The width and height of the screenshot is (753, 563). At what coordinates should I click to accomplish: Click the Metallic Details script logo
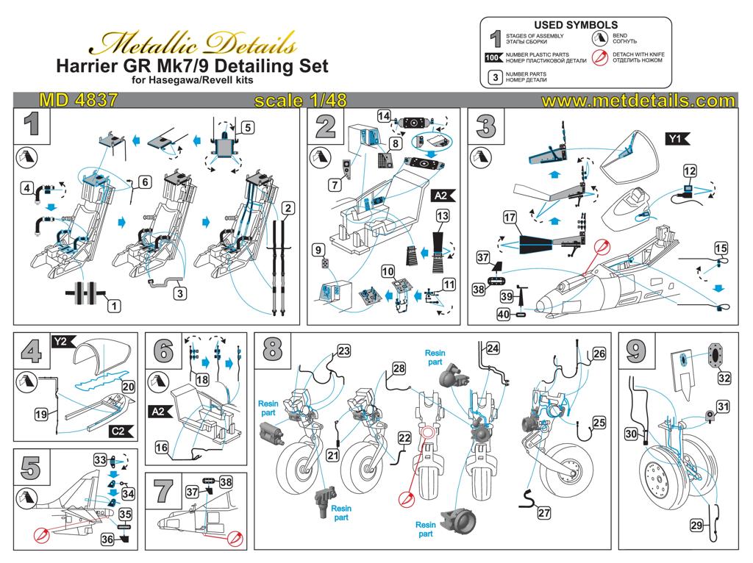(x=192, y=43)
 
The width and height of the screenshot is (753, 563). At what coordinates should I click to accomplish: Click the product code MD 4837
(x=78, y=100)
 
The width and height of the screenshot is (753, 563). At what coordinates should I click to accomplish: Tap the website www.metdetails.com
(x=638, y=101)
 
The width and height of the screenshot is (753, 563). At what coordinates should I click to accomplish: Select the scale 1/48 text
(x=300, y=100)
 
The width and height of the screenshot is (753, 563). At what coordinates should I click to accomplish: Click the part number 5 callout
(x=247, y=128)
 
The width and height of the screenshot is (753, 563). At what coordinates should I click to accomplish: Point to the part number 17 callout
(x=510, y=218)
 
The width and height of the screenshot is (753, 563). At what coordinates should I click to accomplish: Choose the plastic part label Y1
(x=677, y=139)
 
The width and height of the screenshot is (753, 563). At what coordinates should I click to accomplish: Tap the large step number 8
(x=272, y=348)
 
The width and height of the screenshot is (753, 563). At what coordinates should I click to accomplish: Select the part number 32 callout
(x=724, y=379)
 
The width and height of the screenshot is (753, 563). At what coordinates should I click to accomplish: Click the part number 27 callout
(x=543, y=512)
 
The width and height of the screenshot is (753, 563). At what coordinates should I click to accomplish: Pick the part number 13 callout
(x=442, y=216)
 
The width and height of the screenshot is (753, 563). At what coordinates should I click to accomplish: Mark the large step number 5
(x=31, y=467)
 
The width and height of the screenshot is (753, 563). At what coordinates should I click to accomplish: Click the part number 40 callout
(x=503, y=315)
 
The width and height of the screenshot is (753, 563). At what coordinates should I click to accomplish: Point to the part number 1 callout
(x=114, y=306)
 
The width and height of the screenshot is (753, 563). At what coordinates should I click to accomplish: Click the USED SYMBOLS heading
(x=576, y=25)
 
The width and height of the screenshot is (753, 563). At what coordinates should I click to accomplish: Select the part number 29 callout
(x=697, y=525)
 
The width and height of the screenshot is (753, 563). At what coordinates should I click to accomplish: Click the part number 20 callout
(x=128, y=387)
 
